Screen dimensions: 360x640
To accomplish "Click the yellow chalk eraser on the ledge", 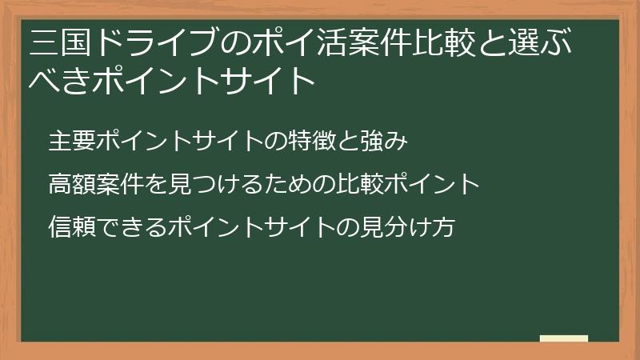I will pyautogui.click(x=563, y=338).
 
